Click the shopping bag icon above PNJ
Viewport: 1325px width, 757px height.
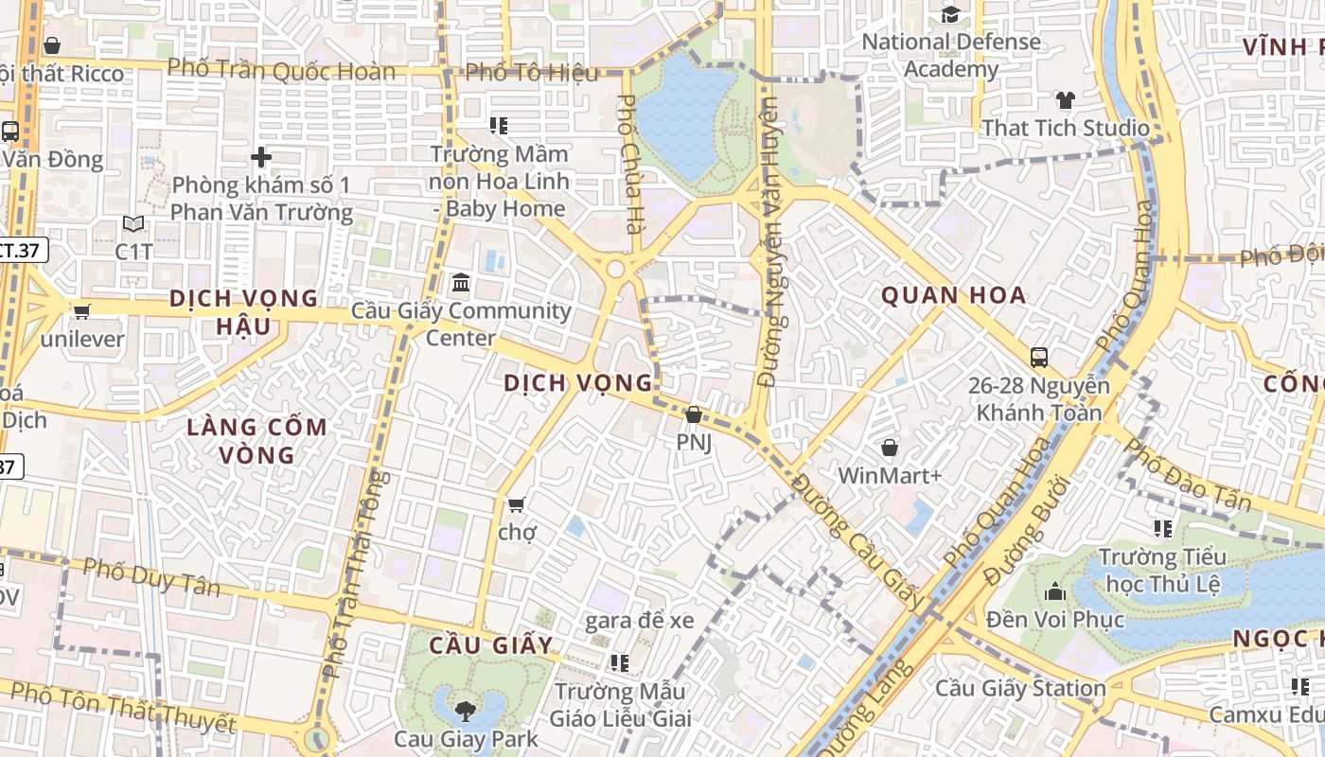point(694,414)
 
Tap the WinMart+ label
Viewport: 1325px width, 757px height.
point(890,475)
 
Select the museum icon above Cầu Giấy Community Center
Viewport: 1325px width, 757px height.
point(461,282)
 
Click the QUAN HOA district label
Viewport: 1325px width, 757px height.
point(954,295)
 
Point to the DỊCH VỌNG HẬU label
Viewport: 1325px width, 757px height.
point(244,312)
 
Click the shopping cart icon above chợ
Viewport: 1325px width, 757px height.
point(517,504)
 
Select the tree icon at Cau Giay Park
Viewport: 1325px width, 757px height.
point(465,711)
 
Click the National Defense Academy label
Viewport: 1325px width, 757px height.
point(951,55)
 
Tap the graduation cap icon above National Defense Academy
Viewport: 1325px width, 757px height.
point(950,14)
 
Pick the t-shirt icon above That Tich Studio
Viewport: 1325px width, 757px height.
point(1066,100)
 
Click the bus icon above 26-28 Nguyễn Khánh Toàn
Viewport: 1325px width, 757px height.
point(1039,357)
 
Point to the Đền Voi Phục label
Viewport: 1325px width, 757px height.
point(1055,620)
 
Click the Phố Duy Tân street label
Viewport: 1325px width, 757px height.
point(151,576)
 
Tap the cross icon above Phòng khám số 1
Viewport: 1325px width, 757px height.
point(261,157)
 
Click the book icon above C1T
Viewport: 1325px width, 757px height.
point(134,224)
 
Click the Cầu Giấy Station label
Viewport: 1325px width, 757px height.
point(1020,688)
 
